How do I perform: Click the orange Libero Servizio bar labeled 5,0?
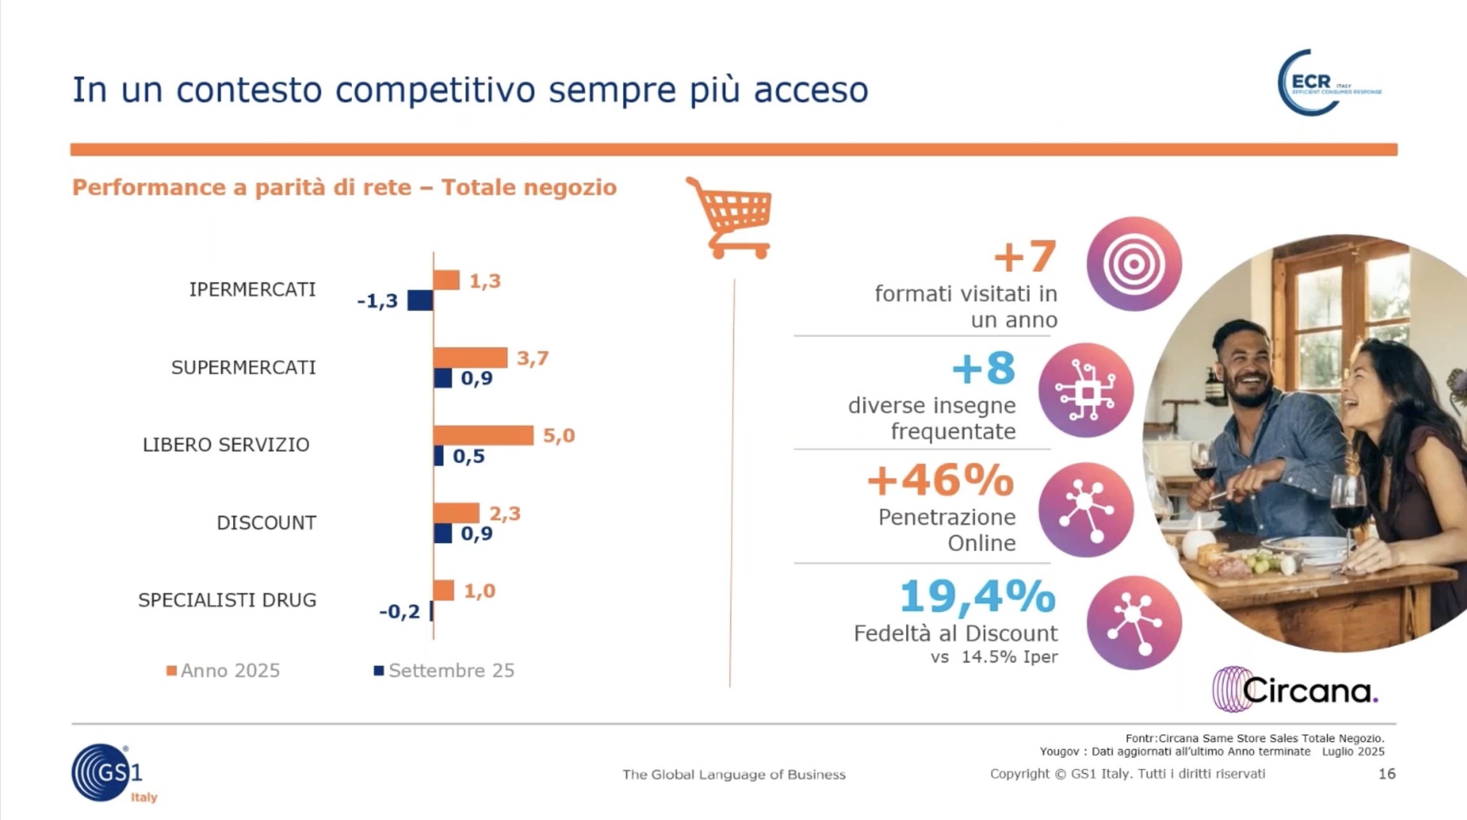pos(483,436)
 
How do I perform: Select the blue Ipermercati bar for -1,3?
pos(420,300)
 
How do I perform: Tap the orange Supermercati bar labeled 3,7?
pos(470,358)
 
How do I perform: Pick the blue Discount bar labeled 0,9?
pos(443,533)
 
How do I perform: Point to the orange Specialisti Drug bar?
pos(444,590)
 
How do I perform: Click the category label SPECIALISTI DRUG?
pos(227,600)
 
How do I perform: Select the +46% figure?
pos(941,480)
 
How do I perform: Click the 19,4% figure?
pos(978,596)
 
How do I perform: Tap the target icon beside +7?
pos(1134,264)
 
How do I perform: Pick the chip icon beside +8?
pos(1086,390)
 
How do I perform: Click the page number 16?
pos(1387,773)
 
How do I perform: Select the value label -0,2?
pos(400,611)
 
